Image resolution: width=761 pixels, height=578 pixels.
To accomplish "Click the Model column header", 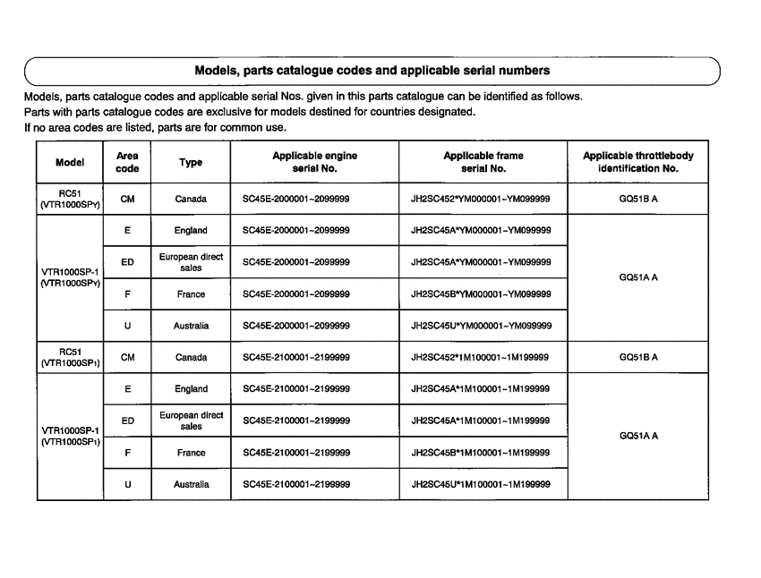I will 70,162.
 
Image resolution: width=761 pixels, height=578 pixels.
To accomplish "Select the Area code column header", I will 127,162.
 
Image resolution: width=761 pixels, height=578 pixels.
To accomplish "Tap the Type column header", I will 191,162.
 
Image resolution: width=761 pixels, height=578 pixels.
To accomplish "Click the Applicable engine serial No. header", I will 314,162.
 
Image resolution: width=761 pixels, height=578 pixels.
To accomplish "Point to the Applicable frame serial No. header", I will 483,162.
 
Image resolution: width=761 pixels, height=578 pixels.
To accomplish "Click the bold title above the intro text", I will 372,70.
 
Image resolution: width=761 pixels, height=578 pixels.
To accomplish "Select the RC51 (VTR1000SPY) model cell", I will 70,200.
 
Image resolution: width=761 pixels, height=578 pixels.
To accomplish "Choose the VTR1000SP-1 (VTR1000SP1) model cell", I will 70,436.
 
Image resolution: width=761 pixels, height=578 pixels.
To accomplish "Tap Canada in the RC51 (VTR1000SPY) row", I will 191,200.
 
